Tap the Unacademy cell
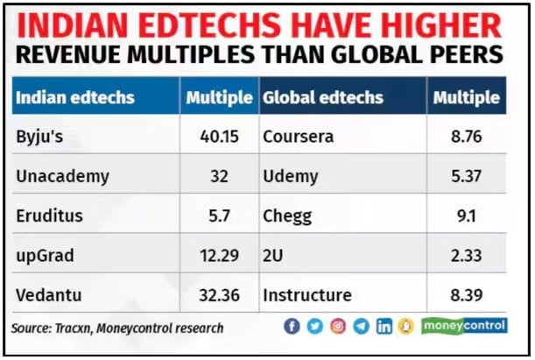tap(62, 176)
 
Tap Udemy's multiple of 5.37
tap(465, 176)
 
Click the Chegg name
tap(285, 215)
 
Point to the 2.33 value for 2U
tap(465, 255)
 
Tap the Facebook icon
tap(292, 327)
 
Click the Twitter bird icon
tap(314, 327)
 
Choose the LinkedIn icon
tap(384, 327)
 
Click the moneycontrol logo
tap(464, 326)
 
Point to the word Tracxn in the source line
tap(82, 328)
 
